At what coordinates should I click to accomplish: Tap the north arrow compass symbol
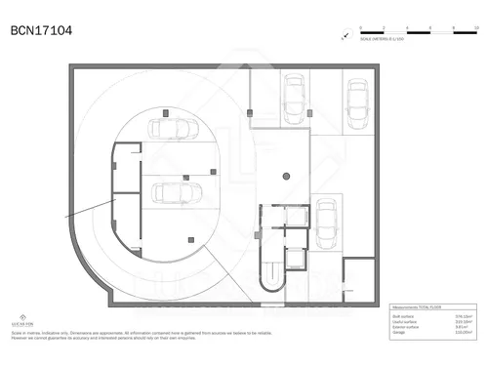pos(345,36)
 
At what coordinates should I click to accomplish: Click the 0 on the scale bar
pos(360,27)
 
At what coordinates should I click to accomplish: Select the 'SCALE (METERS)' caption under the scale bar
pos(380,40)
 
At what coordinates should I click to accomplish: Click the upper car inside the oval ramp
pos(176,128)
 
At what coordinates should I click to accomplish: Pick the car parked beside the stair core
pos(325,219)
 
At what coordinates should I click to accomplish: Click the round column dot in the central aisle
pos(286,177)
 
